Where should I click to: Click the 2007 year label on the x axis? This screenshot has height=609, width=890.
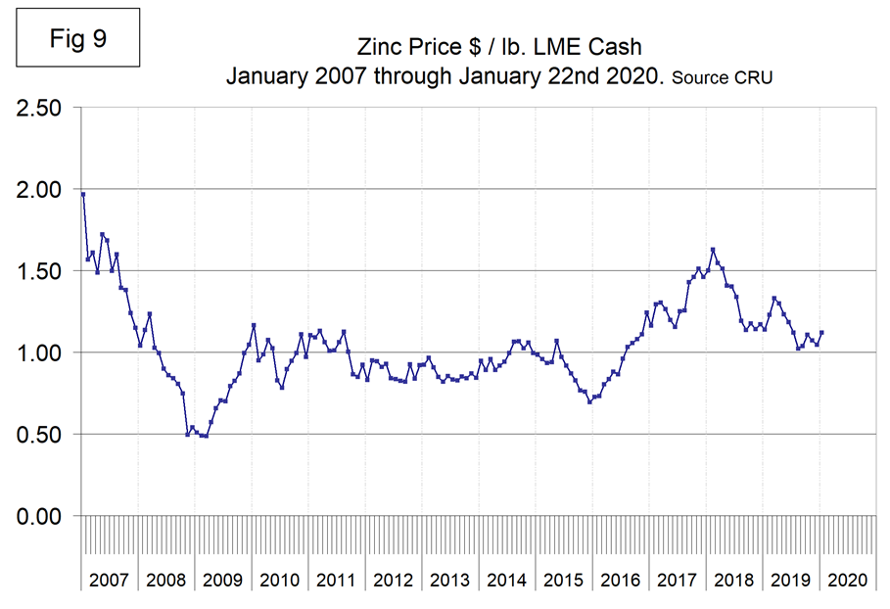pyautogui.click(x=109, y=580)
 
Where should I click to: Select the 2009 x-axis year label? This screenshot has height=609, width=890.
pyautogui.click(x=222, y=580)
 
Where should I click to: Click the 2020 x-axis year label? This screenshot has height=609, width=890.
pyautogui.click(x=847, y=580)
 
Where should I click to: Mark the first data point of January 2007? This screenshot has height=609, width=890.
pyautogui.click(x=83, y=194)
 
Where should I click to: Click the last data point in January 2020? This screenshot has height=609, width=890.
pyautogui.click(x=821, y=332)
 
